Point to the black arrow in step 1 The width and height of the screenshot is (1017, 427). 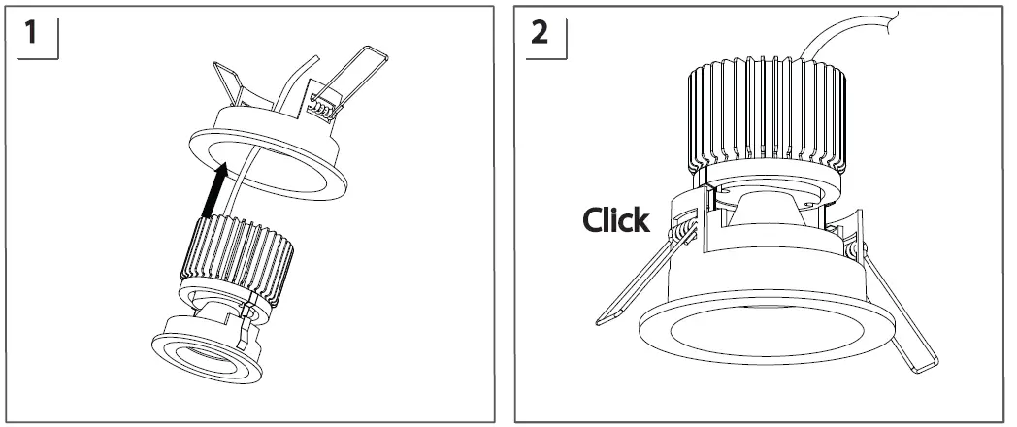[216, 189]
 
